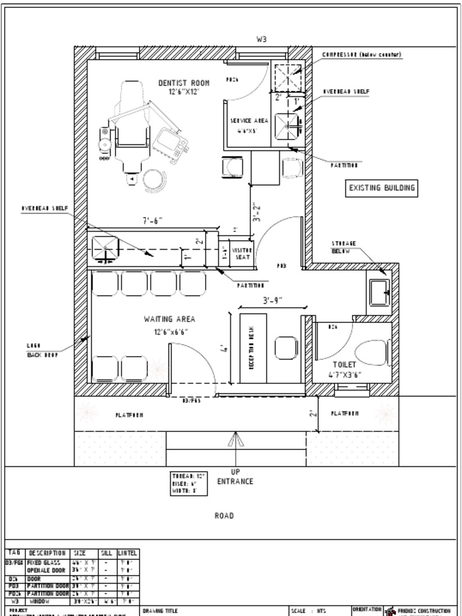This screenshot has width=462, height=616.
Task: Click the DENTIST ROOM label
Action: point(184,83)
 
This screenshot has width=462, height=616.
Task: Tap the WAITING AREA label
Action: point(169,319)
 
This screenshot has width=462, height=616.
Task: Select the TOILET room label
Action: point(345,365)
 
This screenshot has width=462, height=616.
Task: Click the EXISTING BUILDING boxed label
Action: point(382,188)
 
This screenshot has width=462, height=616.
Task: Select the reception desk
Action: point(252,348)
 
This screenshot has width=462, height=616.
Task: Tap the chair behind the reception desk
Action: point(286,348)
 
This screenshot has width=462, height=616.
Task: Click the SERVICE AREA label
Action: point(249,121)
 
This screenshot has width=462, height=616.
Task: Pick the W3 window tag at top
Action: point(262,39)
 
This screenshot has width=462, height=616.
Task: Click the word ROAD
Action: point(224,516)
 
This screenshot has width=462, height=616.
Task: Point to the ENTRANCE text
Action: point(235,481)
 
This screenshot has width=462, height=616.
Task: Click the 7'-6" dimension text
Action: point(152,221)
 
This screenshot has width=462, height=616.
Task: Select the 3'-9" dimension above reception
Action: point(272,300)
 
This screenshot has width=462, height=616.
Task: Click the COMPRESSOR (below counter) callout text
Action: point(362,55)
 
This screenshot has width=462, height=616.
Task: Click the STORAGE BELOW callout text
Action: point(344,247)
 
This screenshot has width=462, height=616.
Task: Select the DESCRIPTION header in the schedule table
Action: point(47,553)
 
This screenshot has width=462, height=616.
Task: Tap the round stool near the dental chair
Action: point(153,179)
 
